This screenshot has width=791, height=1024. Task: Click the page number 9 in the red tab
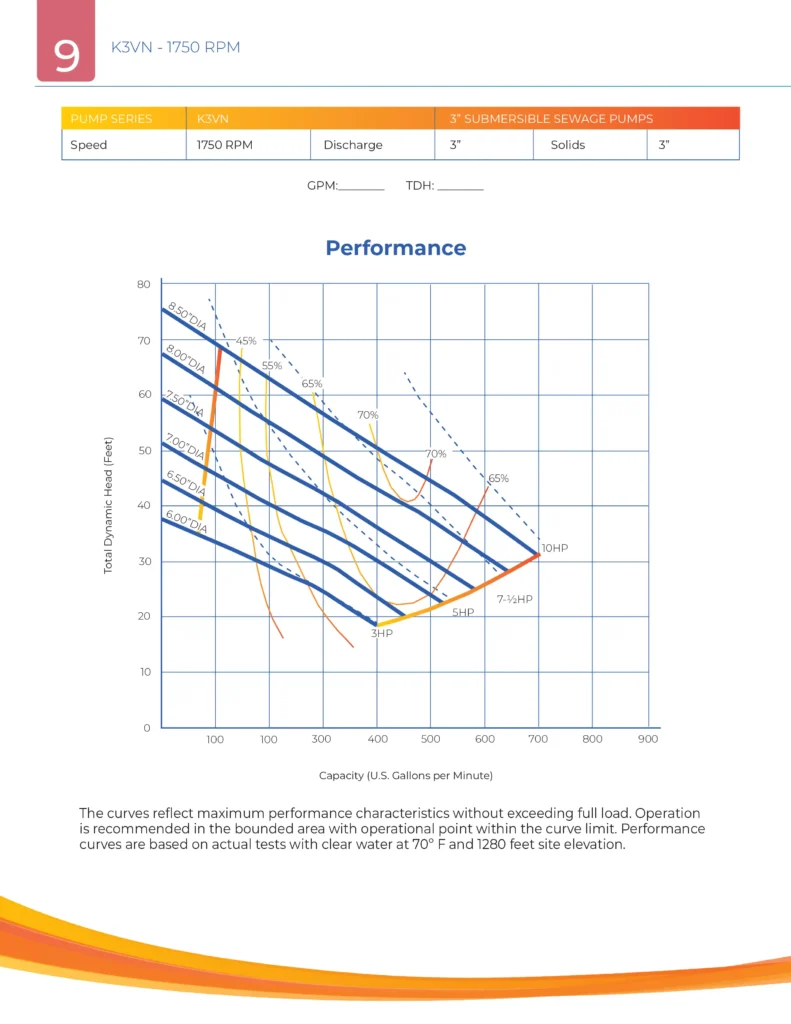pos(66,55)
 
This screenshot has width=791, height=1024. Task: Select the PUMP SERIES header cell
pos(111,118)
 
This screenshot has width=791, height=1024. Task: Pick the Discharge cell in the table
pos(353,145)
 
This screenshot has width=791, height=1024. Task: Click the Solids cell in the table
pos(568,145)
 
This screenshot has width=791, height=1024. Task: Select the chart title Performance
pos(395,248)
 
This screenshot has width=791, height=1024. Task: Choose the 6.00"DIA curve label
pos(186,522)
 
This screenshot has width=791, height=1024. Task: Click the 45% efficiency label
pos(246,341)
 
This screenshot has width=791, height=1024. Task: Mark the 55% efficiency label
pos(272,366)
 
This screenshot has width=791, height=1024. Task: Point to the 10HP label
pos(555,548)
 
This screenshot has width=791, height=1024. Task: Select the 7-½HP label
pos(515,598)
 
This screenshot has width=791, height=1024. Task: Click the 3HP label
pos(382,633)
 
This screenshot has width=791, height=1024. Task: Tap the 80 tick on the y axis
pos(143,285)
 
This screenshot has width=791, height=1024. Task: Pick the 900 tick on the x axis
pos(647,740)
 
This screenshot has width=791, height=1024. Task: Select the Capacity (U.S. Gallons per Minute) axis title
pos(405,775)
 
